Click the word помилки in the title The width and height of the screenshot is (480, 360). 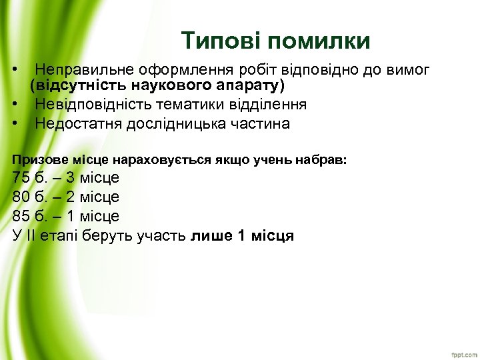(318, 41)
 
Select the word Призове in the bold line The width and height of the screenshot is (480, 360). (36, 160)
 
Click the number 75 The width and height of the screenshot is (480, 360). (22, 178)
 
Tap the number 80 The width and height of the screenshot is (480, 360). (22, 197)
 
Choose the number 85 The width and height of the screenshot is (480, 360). (22, 217)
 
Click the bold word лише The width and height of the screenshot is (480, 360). (211, 236)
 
